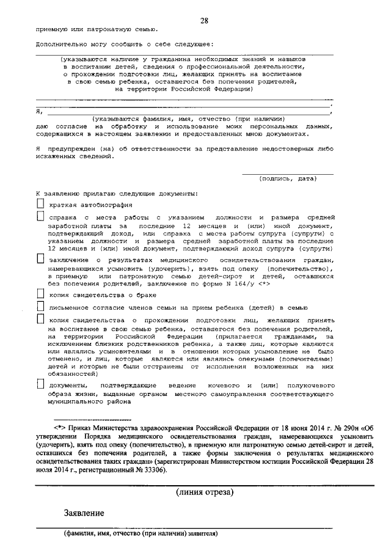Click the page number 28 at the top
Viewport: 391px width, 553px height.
point(205,21)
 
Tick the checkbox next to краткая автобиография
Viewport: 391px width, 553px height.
point(40,204)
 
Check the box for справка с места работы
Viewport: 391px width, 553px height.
point(40,217)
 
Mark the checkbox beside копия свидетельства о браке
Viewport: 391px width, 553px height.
point(40,294)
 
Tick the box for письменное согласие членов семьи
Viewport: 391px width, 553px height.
point(40,306)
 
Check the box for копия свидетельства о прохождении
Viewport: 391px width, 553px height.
point(40,319)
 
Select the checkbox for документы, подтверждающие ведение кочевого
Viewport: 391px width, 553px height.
point(40,385)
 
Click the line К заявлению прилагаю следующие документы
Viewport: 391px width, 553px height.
point(116,193)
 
